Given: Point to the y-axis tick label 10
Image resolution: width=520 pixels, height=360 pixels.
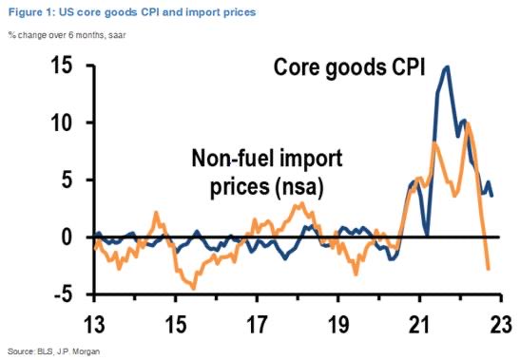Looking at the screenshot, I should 63,124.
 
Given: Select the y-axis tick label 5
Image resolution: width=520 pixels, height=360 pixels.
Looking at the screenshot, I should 68,180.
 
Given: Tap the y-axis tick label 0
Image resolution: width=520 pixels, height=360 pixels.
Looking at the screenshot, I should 68,237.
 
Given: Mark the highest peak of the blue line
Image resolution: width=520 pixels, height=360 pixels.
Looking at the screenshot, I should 447,66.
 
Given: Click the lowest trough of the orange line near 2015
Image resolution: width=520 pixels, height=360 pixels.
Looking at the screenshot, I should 194,287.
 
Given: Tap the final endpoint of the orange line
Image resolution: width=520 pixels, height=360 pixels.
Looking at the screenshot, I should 489,269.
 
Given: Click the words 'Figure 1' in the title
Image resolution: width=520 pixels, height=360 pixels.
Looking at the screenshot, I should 28,11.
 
